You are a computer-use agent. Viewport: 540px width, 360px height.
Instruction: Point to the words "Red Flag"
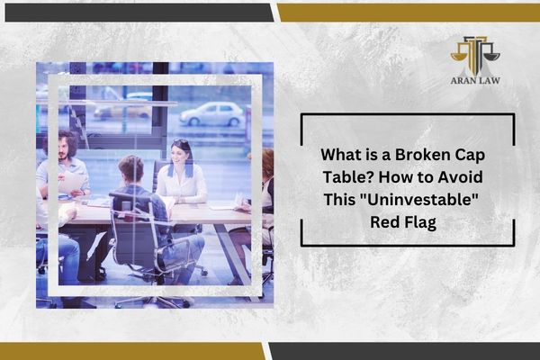(403, 222)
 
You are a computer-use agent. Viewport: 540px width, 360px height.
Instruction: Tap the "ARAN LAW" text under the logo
(475, 81)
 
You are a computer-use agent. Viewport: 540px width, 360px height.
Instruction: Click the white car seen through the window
(211, 114)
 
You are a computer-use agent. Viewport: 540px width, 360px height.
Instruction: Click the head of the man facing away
(130, 170)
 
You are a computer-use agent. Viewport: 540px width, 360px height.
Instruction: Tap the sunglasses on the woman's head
(181, 141)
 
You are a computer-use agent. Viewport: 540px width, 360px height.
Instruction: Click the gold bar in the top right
(409, 13)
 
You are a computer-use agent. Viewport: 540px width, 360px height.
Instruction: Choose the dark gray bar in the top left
(139, 13)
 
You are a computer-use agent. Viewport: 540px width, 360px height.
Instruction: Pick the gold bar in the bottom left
(132, 351)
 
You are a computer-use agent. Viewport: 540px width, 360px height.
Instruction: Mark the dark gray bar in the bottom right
(404, 351)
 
